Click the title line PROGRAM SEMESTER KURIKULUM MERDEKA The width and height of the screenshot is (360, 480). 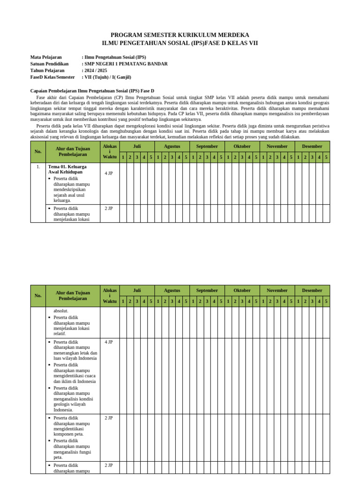pos(180,35)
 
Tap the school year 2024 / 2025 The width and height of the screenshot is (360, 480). pos(96,70)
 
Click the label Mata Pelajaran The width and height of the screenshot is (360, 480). pos(46,57)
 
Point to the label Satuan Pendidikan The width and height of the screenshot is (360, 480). pos(49,64)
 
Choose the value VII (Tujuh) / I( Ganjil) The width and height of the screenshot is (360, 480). pos(107,77)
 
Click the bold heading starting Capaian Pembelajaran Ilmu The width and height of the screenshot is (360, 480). pos(92,90)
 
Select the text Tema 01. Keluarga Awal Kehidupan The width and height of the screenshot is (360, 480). pos(67,169)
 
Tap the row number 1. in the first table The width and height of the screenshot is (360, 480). pos(38,166)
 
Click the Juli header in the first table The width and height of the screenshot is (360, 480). pos(137,146)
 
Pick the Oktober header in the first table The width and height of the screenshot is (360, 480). pos(242,146)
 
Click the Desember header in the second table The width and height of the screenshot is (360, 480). pos(312,290)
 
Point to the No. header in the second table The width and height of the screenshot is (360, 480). pos(38,296)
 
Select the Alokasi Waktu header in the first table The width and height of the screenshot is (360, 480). pos(110,151)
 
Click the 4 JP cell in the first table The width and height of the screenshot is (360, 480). pos(109,172)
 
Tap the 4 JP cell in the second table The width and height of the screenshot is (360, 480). pos(109,342)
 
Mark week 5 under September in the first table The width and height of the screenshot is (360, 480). pos(221,157)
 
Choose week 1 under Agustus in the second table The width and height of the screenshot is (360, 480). pos(158,301)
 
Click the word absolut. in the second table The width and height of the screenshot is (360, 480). pos(61,311)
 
